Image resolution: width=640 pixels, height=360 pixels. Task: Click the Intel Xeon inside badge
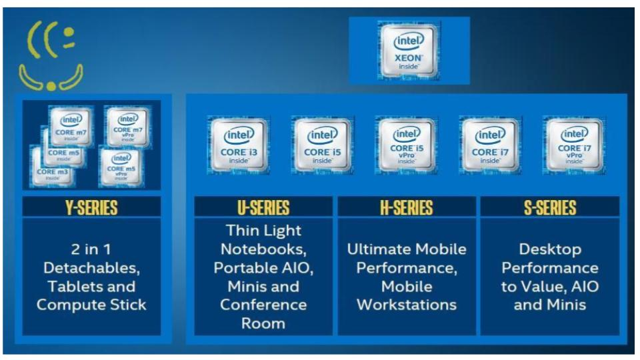[x=409, y=51]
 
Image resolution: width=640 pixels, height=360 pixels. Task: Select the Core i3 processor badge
[x=239, y=145]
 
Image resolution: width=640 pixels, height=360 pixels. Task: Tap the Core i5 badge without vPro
[x=322, y=145]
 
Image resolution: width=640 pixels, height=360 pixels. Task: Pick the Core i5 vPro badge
[x=406, y=145]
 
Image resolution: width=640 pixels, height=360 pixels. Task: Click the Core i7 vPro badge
[x=574, y=145]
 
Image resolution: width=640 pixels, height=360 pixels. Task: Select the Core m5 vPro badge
[x=121, y=164]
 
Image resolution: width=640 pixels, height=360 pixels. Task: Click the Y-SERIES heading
[x=91, y=207]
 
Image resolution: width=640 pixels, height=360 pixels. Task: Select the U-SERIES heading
[x=263, y=207]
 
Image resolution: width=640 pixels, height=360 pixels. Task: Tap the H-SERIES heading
[x=407, y=207]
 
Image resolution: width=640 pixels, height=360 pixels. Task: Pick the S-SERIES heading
[x=550, y=207]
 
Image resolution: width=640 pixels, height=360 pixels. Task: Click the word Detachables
[x=91, y=268]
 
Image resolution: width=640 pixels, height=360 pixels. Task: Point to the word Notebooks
[x=263, y=249]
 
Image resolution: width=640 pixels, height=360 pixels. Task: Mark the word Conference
[x=263, y=305]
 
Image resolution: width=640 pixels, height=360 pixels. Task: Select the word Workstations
[x=407, y=305]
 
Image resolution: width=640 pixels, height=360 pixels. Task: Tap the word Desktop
[x=550, y=249]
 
